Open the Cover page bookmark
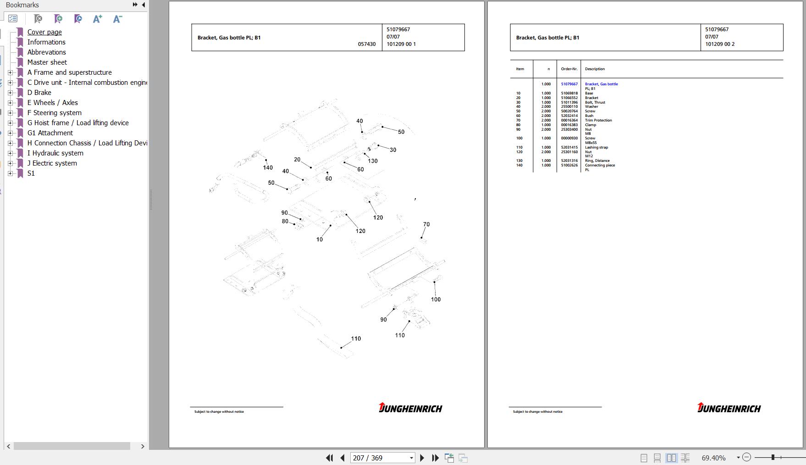pos(44,32)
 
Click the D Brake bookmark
pos(39,93)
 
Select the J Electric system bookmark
pos(52,163)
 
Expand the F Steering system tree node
pos(11,113)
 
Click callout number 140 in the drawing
pos(268,168)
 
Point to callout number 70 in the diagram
pos(426,224)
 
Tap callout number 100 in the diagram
pos(436,299)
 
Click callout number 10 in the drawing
pos(320,239)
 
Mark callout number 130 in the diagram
pos(373,161)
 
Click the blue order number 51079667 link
pos(569,84)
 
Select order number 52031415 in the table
pos(569,147)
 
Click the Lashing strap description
pos(596,147)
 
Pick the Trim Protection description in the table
pos(598,120)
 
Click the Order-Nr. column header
pos(569,69)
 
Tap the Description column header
pos(595,69)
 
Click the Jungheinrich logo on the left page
pos(410,408)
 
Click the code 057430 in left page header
pos(367,44)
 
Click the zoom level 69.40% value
pos(713,458)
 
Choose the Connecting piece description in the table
pos(600,165)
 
